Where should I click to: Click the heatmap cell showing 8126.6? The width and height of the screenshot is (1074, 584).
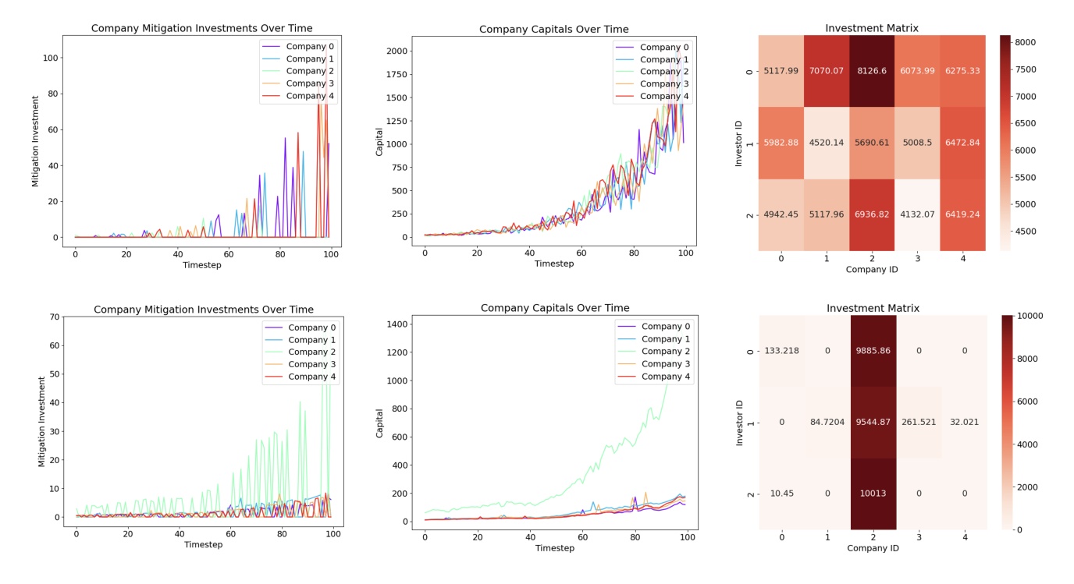pyautogui.click(x=872, y=71)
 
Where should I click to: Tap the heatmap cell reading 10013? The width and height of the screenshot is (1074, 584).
pyautogui.click(x=873, y=494)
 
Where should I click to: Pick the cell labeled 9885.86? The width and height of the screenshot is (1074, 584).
pyautogui.click(x=873, y=351)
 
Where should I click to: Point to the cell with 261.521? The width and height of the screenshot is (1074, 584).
pyautogui.click(x=918, y=423)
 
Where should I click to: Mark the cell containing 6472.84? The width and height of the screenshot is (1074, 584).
pyautogui.click(x=962, y=143)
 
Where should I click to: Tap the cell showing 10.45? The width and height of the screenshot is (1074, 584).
pyautogui.click(x=782, y=494)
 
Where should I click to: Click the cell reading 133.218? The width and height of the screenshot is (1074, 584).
pyautogui.click(x=782, y=351)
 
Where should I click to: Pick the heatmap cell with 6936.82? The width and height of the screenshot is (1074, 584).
pyautogui.click(x=872, y=215)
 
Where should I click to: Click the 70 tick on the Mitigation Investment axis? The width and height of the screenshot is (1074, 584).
pyautogui.click(x=54, y=317)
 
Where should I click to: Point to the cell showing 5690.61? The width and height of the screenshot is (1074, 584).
pyautogui.click(x=872, y=143)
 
